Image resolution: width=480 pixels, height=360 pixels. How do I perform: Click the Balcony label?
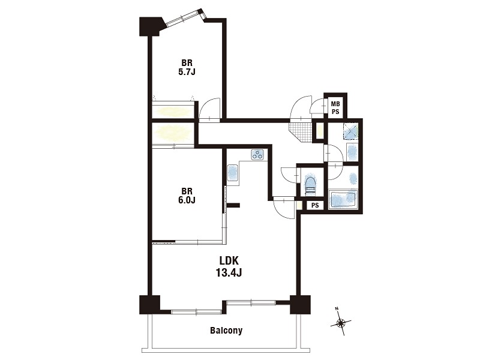(226, 331)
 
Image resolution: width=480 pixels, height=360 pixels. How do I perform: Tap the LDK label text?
(229, 260)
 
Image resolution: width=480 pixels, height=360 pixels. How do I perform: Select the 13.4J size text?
(229, 272)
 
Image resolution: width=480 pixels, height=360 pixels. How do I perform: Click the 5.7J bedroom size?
(187, 72)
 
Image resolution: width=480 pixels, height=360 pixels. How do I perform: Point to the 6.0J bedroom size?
(187, 200)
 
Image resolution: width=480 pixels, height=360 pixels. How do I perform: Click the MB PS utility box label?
(335, 108)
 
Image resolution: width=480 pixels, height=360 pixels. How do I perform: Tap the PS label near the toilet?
(315, 205)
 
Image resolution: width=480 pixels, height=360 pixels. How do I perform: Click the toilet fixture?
(310, 185)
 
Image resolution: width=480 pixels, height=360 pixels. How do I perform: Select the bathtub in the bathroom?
(343, 200)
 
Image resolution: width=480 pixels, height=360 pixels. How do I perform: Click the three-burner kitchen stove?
(258, 155)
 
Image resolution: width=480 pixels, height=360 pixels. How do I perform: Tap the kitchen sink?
(233, 173)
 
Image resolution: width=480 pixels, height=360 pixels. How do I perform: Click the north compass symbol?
(340, 322)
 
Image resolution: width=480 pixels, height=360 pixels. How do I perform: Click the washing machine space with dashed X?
(350, 131)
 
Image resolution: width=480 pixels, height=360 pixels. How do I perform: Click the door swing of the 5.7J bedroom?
(209, 110)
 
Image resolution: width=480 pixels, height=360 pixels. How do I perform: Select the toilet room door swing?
(289, 175)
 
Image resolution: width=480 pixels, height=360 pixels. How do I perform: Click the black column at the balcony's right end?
(301, 305)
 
